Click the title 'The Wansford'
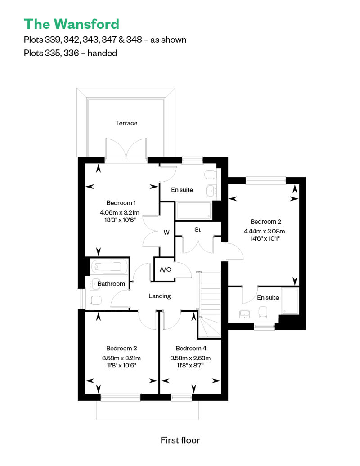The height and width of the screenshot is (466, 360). (x=72, y=24)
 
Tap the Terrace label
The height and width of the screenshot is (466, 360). (x=126, y=123)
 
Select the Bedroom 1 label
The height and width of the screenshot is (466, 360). (x=121, y=203)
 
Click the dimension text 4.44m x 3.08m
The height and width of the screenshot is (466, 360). (x=265, y=231)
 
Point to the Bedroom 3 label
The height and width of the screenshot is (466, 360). (x=121, y=348)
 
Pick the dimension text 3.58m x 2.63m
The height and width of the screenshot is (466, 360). (x=190, y=358)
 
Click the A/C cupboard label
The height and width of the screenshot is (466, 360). (x=165, y=269)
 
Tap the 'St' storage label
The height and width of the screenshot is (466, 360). (x=198, y=229)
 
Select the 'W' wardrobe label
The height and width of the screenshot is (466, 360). (x=166, y=233)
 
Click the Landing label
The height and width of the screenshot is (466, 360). (x=160, y=296)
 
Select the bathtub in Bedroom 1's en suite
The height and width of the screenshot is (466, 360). (x=194, y=211)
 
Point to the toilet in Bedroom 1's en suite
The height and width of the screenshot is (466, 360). (x=210, y=175)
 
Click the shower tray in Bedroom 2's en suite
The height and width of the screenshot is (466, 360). (x=290, y=301)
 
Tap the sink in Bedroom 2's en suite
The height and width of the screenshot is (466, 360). (x=245, y=314)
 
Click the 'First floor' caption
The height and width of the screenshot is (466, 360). (x=180, y=440)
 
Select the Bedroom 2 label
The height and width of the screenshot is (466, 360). (x=266, y=221)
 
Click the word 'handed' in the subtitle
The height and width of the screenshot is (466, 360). (x=102, y=53)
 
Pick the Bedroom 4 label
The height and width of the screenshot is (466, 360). (x=191, y=348)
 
